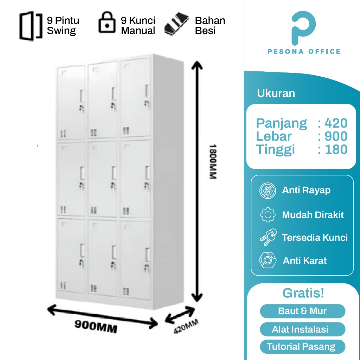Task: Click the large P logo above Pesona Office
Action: click(303, 28)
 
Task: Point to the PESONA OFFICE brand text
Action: click(304, 52)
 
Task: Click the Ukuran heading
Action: click(276, 93)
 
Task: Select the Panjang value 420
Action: click(336, 123)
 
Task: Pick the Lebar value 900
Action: click(336, 136)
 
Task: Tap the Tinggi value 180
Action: click(336, 149)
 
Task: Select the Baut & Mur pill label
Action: click(302, 311)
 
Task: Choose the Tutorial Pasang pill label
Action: click(301, 347)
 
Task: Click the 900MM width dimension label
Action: click(96, 327)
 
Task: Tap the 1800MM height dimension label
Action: click(212, 161)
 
